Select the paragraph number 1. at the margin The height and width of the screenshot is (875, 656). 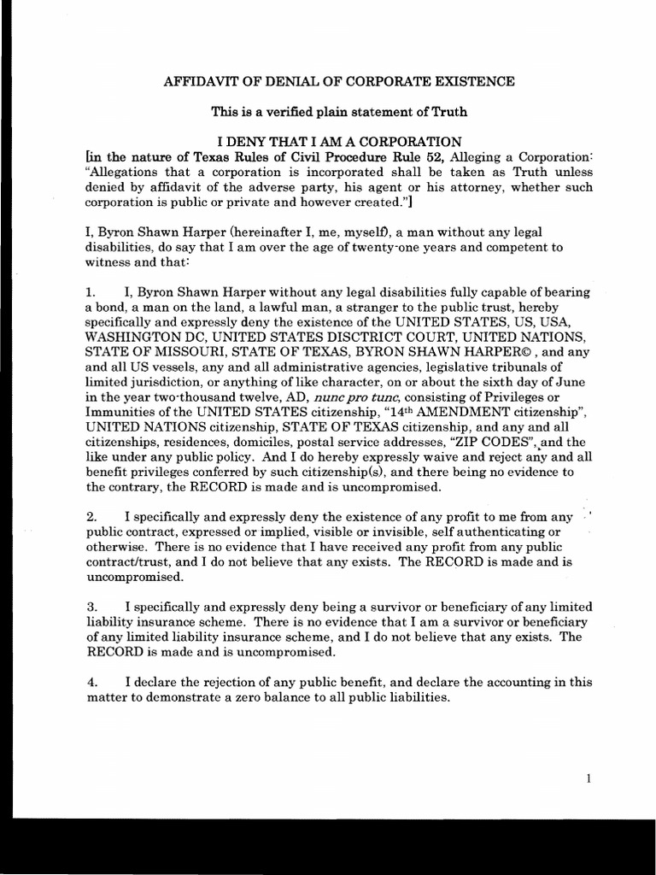tap(93, 293)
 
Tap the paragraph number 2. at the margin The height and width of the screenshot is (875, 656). tap(93, 517)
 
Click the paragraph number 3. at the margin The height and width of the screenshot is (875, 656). tap(93, 607)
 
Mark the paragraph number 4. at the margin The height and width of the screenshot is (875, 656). tap(93, 682)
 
